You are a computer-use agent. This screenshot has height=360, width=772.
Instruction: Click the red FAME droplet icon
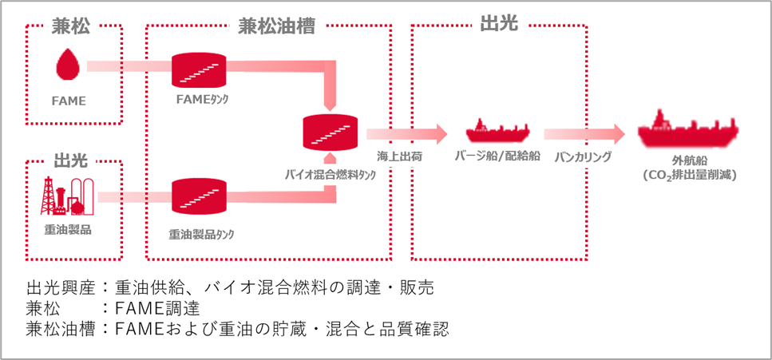click(68, 65)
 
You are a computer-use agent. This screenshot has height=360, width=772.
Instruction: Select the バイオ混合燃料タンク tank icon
click(331, 133)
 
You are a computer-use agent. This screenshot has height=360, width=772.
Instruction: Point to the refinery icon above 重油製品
click(67, 196)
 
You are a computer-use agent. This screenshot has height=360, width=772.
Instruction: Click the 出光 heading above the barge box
click(499, 25)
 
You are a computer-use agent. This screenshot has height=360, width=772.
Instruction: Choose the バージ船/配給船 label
click(497, 156)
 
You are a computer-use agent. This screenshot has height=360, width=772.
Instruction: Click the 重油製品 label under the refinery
click(68, 230)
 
